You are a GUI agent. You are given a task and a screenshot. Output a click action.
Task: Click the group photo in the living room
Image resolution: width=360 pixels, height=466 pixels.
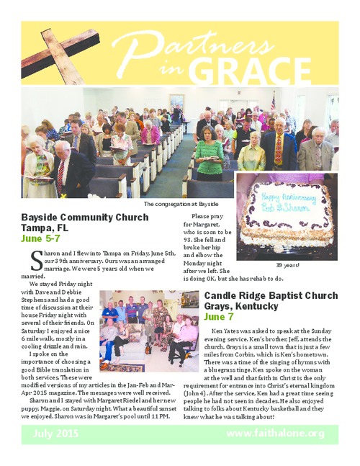148,330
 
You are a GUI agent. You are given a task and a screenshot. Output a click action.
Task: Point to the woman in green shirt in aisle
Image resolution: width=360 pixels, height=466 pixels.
210,155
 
